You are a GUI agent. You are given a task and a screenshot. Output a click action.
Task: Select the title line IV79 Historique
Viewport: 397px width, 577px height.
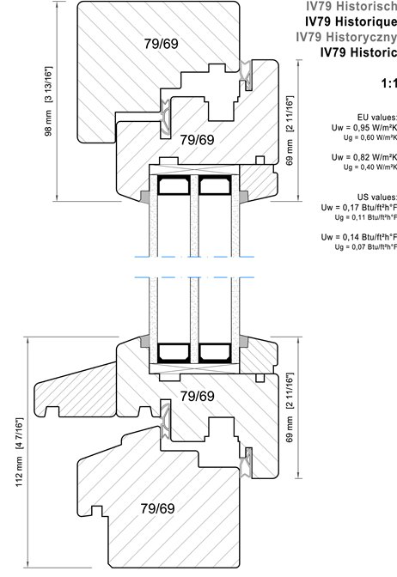click(x=351, y=21)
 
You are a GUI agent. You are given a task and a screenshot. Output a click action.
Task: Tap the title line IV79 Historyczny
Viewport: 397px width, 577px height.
click(x=346, y=37)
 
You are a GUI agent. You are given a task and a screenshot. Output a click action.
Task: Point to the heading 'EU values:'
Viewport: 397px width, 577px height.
click(x=376, y=118)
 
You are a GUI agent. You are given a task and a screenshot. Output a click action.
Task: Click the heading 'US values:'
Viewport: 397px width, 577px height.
click(x=376, y=197)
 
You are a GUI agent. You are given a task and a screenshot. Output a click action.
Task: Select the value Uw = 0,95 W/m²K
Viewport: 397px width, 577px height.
click(x=363, y=128)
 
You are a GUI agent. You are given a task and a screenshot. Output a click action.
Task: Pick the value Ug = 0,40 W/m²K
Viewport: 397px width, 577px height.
click(x=370, y=167)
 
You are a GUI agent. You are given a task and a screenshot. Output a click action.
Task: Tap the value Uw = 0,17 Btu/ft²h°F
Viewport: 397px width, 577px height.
click(x=358, y=208)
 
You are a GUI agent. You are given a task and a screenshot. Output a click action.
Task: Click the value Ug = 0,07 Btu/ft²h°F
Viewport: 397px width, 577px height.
click(x=366, y=247)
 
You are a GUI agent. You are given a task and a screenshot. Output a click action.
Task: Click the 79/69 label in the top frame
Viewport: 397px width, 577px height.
click(x=162, y=44)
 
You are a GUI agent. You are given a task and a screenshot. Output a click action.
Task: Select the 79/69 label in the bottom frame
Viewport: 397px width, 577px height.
click(x=157, y=508)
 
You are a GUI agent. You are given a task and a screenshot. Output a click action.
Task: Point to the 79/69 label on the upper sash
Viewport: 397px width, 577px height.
click(x=197, y=140)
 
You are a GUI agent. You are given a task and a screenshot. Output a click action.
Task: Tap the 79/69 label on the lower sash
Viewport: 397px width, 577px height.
click(x=197, y=397)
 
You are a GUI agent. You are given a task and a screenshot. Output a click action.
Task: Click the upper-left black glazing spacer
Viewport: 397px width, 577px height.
click(x=174, y=185)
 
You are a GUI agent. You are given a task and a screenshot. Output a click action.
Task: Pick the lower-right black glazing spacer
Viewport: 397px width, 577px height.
click(x=215, y=353)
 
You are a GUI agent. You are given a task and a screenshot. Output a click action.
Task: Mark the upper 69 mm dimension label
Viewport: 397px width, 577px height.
click(x=290, y=131)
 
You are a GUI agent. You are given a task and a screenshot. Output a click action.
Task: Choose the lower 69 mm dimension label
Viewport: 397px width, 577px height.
click(x=290, y=407)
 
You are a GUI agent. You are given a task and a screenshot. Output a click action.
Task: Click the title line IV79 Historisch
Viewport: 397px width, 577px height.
click(x=351, y=6)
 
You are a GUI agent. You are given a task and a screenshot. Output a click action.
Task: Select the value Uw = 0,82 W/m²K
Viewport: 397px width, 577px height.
click(x=363, y=157)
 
